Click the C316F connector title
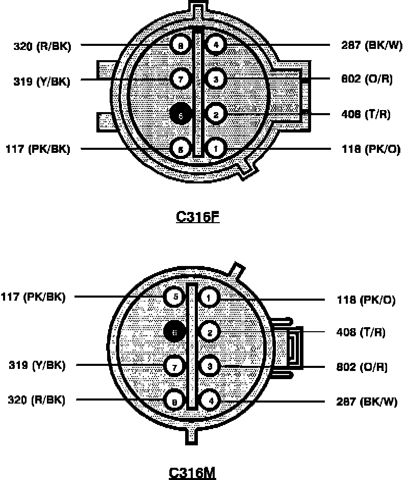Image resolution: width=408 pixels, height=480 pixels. point(197,217)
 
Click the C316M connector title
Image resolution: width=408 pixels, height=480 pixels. point(192,472)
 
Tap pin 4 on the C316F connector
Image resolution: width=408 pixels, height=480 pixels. point(216,45)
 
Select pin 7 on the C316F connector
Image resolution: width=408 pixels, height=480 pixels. point(181,79)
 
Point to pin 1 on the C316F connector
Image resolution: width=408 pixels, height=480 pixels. point(216,148)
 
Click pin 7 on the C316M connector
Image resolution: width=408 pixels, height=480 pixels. point(174,365)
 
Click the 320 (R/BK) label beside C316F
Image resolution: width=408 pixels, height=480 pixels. point(42,46)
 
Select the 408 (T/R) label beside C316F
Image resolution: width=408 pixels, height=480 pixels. point(365,114)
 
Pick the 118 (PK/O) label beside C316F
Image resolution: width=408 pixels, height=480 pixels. point(370,149)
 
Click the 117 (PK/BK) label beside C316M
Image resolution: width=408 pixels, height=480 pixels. point(33,297)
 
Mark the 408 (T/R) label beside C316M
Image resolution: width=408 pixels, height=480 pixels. point(361,333)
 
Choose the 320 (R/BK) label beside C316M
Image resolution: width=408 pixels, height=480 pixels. point(37,400)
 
